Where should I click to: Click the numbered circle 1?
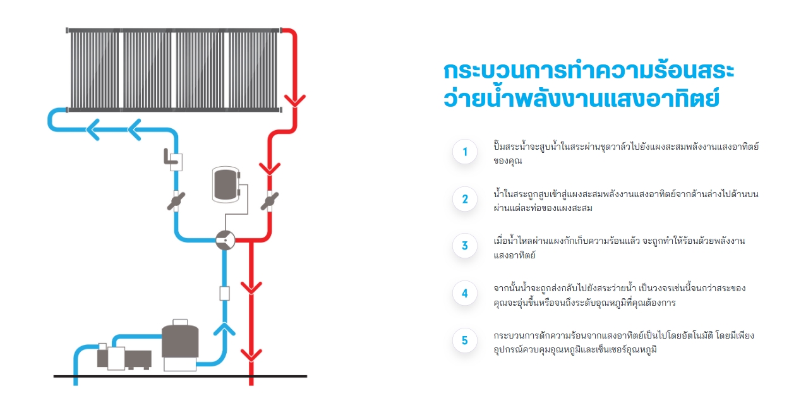465,152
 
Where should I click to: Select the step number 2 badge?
465,199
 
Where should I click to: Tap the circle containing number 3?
465,246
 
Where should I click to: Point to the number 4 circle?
465,293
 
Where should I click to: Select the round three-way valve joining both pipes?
225,239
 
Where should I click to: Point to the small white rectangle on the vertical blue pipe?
224,293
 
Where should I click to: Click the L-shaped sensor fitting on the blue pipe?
172,160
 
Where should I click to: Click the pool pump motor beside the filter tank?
124,358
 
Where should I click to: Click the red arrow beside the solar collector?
294,100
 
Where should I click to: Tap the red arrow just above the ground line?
251,354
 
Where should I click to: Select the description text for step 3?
619,248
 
